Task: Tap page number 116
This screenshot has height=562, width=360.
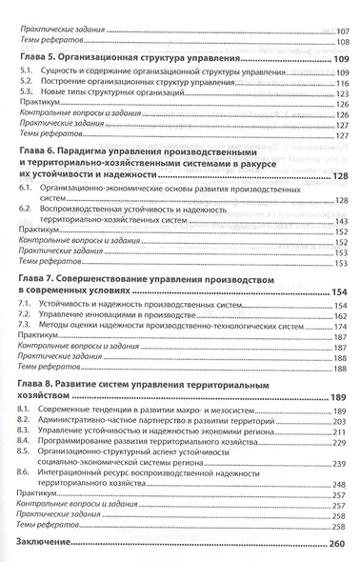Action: tap(341, 85)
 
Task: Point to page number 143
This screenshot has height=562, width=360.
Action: tap(341, 222)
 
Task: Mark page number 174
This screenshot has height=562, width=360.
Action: tap(341, 326)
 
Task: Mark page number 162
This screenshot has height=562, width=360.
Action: tap(341, 314)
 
